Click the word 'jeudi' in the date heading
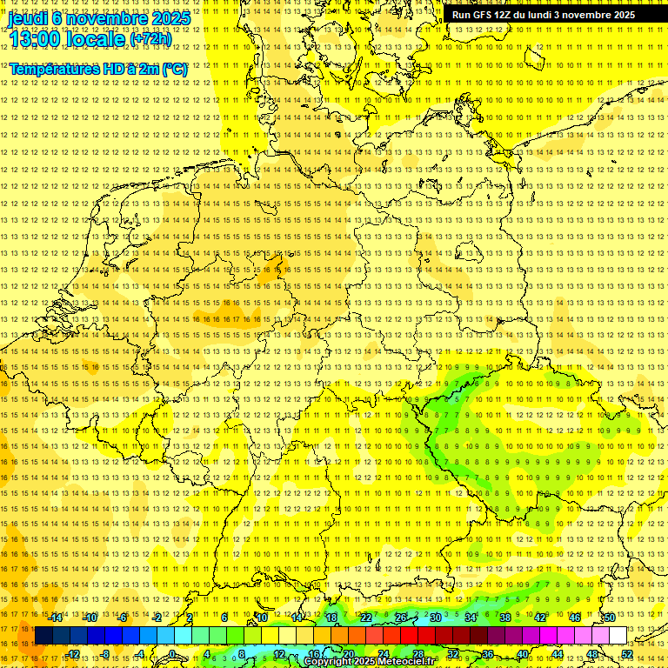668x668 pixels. (x=28, y=18)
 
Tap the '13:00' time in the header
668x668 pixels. (x=33, y=38)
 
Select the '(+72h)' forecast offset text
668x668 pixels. (x=150, y=39)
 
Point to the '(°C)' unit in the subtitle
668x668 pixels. (x=173, y=68)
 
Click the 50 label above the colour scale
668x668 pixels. (x=610, y=618)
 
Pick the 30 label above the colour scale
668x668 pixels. (x=436, y=618)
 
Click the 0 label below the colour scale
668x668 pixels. (x=173, y=654)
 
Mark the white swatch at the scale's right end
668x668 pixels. (x=618, y=636)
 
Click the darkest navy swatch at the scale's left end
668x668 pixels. (x=43, y=636)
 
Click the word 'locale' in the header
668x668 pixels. (x=93, y=38)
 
